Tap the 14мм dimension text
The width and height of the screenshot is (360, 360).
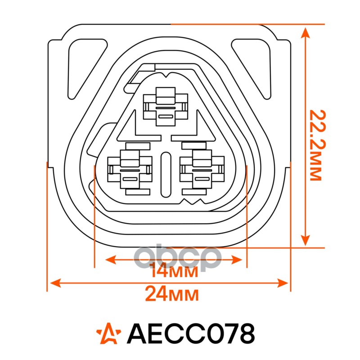point(174,272)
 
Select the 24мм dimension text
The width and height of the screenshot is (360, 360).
point(172,295)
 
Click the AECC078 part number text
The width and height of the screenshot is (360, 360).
point(190,333)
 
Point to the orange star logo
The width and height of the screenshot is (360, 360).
point(108,333)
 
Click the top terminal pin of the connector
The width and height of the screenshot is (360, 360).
point(166,106)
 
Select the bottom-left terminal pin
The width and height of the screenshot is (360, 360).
point(130,169)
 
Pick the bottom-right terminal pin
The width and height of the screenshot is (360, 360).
point(202,169)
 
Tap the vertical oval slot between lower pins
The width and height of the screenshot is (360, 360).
point(166,174)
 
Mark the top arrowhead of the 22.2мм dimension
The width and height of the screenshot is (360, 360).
point(305,32)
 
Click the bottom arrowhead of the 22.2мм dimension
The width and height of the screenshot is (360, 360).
point(305,240)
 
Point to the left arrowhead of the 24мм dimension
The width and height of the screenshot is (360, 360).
point(55,283)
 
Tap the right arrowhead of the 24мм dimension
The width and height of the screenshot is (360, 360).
point(283,283)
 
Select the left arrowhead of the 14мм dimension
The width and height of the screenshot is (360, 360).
point(111,260)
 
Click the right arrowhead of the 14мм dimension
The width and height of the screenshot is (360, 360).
point(237,260)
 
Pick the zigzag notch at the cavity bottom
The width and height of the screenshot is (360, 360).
point(193,201)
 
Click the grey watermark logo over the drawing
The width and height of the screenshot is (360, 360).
point(178,257)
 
